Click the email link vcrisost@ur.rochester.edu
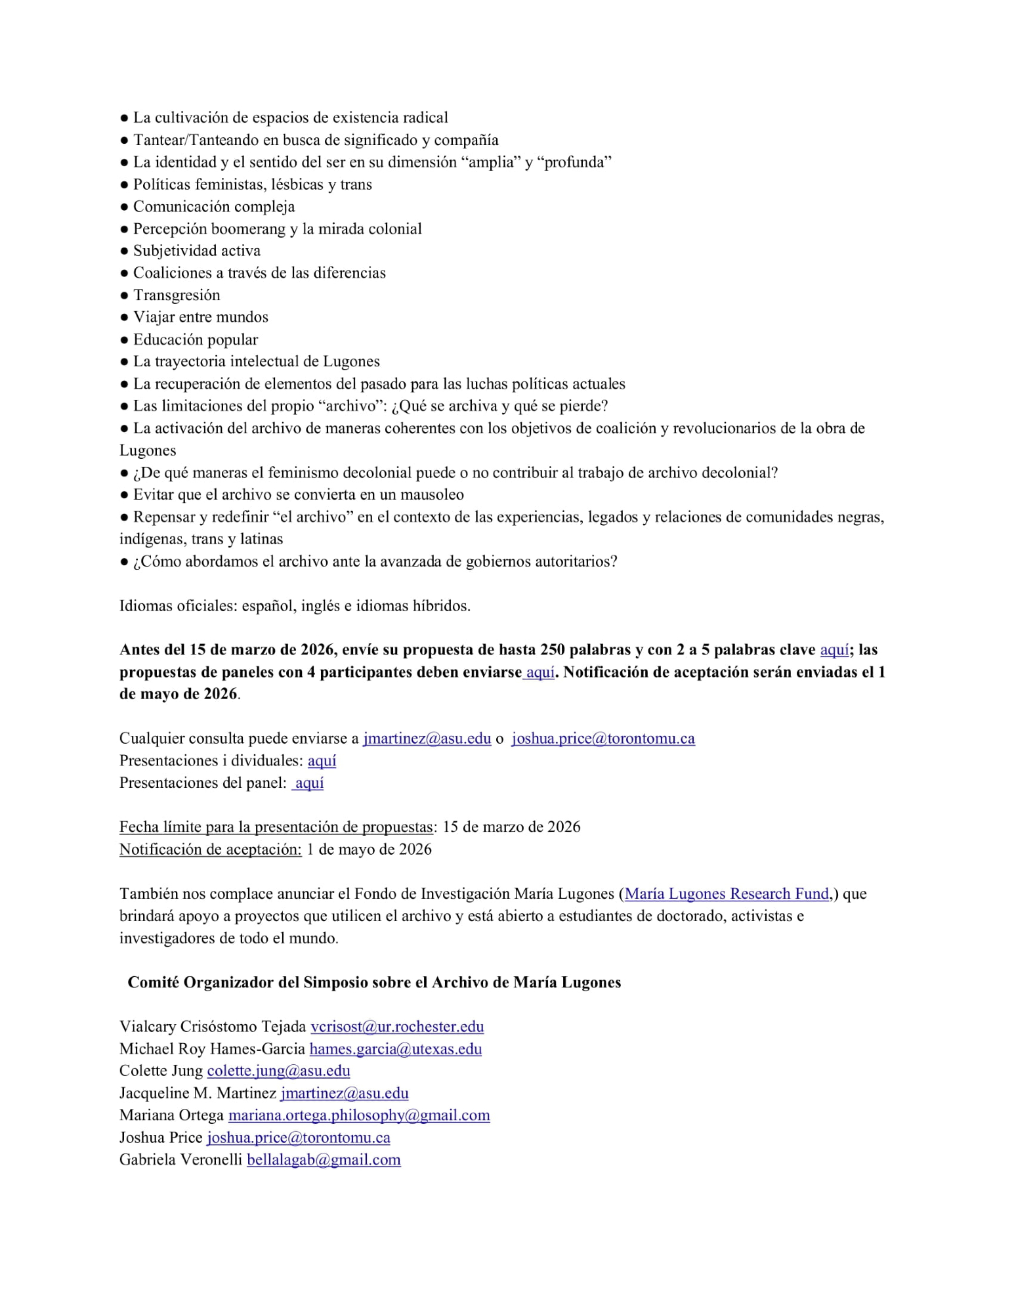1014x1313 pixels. click(397, 1027)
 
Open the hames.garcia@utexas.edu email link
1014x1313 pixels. click(396, 1049)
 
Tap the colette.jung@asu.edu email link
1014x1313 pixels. click(278, 1071)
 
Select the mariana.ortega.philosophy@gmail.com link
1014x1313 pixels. click(359, 1115)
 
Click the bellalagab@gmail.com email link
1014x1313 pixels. click(324, 1160)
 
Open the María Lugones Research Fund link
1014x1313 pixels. click(727, 893)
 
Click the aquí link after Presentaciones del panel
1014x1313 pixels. click(308, 783)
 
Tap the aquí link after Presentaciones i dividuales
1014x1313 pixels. click(322, 760)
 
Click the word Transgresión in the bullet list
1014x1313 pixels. click(177, 295)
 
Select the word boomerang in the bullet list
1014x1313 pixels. click(248, 228)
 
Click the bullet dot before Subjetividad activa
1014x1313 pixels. click(124, 251)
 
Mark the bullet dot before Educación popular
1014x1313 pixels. click(124, 339)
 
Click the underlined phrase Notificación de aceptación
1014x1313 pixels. click(210, 850)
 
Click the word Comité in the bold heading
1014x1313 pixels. click(153, 982)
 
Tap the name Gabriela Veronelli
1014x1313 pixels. click(180, 1160)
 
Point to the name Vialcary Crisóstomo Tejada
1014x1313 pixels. click(213, 1027)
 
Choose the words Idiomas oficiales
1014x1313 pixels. click(177, 605)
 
